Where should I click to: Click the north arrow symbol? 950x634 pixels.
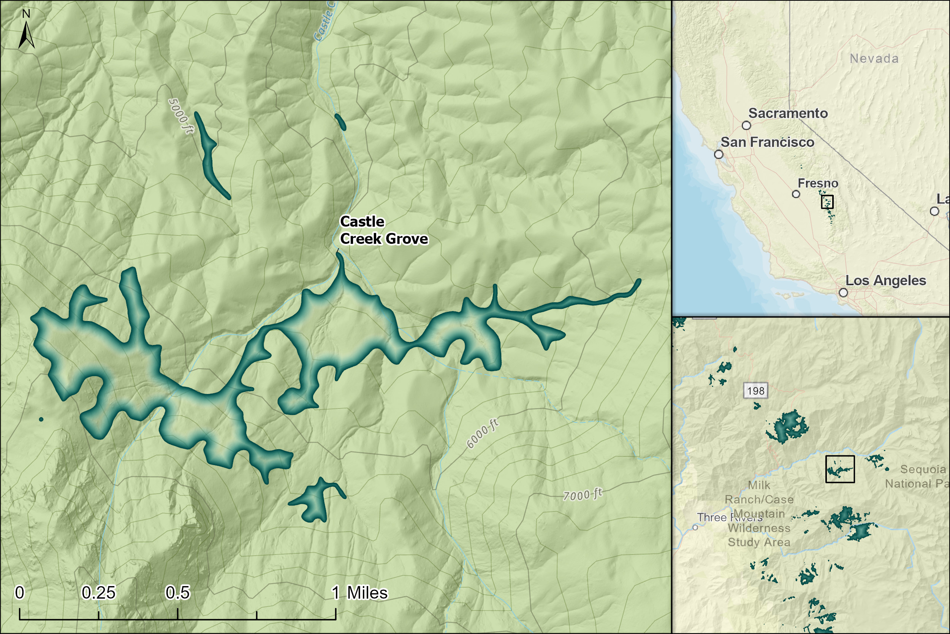[x=26, y=35]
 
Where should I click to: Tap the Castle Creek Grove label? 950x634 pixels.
[x=383, y=230]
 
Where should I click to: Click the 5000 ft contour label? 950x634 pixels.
[x=181, y=116]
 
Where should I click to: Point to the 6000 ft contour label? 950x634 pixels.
[x=483, y=434]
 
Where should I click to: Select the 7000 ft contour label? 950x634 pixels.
[x=583, y=494]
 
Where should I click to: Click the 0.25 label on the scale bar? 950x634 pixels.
[x=98, y=593]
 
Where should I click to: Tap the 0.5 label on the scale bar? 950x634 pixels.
[x=177, y=593]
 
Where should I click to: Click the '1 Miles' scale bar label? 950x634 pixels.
[x=359, y=593]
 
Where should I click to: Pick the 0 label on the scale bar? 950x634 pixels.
[x=19, y=593]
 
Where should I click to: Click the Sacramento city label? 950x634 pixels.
[x=788, y=113]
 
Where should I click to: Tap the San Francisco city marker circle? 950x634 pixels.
[x=719, y=154]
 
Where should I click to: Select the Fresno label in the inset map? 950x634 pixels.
[x=818, y=184]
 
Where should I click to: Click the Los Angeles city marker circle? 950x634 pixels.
[x=843, y=292]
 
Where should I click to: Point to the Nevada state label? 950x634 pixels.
[x=874, y=59]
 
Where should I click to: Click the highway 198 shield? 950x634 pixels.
[x=756, y=391]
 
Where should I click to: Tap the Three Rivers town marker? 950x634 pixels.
[x=695, y=527]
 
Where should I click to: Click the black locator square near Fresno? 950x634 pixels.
[x=827, y=202]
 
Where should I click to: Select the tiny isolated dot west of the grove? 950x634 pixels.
[x=41, y=419]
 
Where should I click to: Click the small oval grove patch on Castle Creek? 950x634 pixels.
[x=340, y=122]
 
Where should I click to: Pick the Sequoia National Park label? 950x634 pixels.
[x=917, y=476]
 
